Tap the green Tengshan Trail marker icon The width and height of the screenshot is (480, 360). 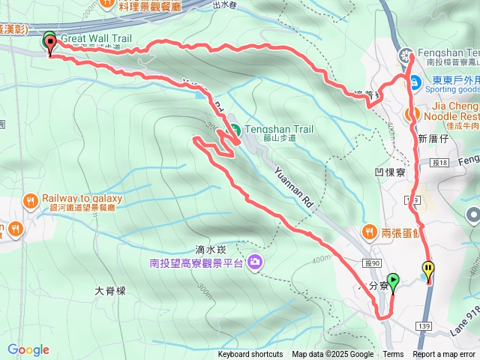233,129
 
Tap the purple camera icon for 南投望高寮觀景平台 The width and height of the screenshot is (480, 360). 255,262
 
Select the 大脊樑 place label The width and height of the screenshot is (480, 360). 109,290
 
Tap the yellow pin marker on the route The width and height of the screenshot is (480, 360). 428,268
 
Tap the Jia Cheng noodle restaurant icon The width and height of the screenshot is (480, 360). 411,114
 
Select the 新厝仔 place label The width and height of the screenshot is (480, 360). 433,139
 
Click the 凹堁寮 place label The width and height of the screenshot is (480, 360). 390,172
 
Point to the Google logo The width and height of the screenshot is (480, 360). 28,349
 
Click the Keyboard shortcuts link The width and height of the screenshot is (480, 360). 251,355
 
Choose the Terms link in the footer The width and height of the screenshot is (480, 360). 393,355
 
